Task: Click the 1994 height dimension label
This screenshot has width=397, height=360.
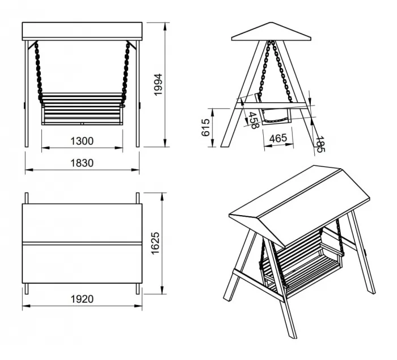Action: pyautogui.click(x=158, y=85)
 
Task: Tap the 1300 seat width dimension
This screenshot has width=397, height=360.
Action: pyautogui.click(x=82, y=141)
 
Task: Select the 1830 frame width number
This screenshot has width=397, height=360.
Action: pyautogui.click(x=82, y=163)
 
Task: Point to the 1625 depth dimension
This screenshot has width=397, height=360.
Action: pyautogui.click(x=155, y=243)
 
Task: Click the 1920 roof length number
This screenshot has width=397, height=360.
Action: pyautogui.click(x=82, y=299)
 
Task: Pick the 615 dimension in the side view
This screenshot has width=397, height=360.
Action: pyautogui.click(x=205, y=127)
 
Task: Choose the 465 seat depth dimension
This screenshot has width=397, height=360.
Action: pyautogui.click(x=278, y=139)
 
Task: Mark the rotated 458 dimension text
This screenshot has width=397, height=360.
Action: pyautogui.click(x=253, y=120)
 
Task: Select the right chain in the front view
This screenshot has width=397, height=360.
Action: pyautogui.click(x=125, y=73)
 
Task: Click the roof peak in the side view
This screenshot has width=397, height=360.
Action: pyautogui.click(x=271, y=23)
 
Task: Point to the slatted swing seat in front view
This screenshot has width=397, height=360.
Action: pyautogui.click(x=82, y=109)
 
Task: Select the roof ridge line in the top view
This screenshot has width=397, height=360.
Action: pyautogui.click(x=82, y=244)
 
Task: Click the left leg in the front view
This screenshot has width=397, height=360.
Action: pyautogui.click(x=27, y=94)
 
